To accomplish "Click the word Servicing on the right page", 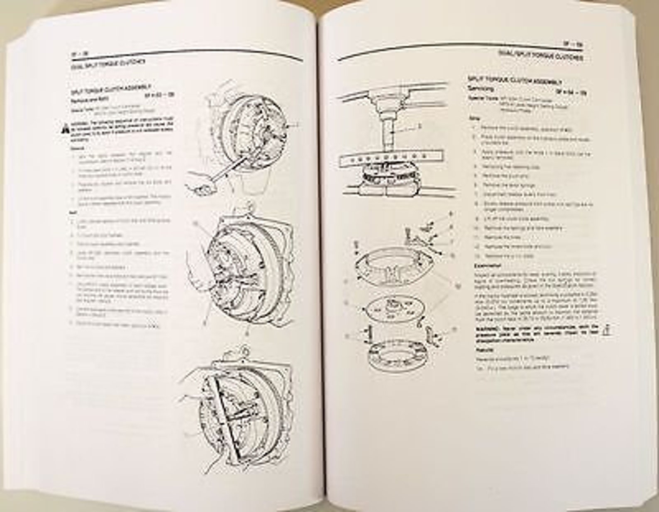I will click(x=481, y=89).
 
